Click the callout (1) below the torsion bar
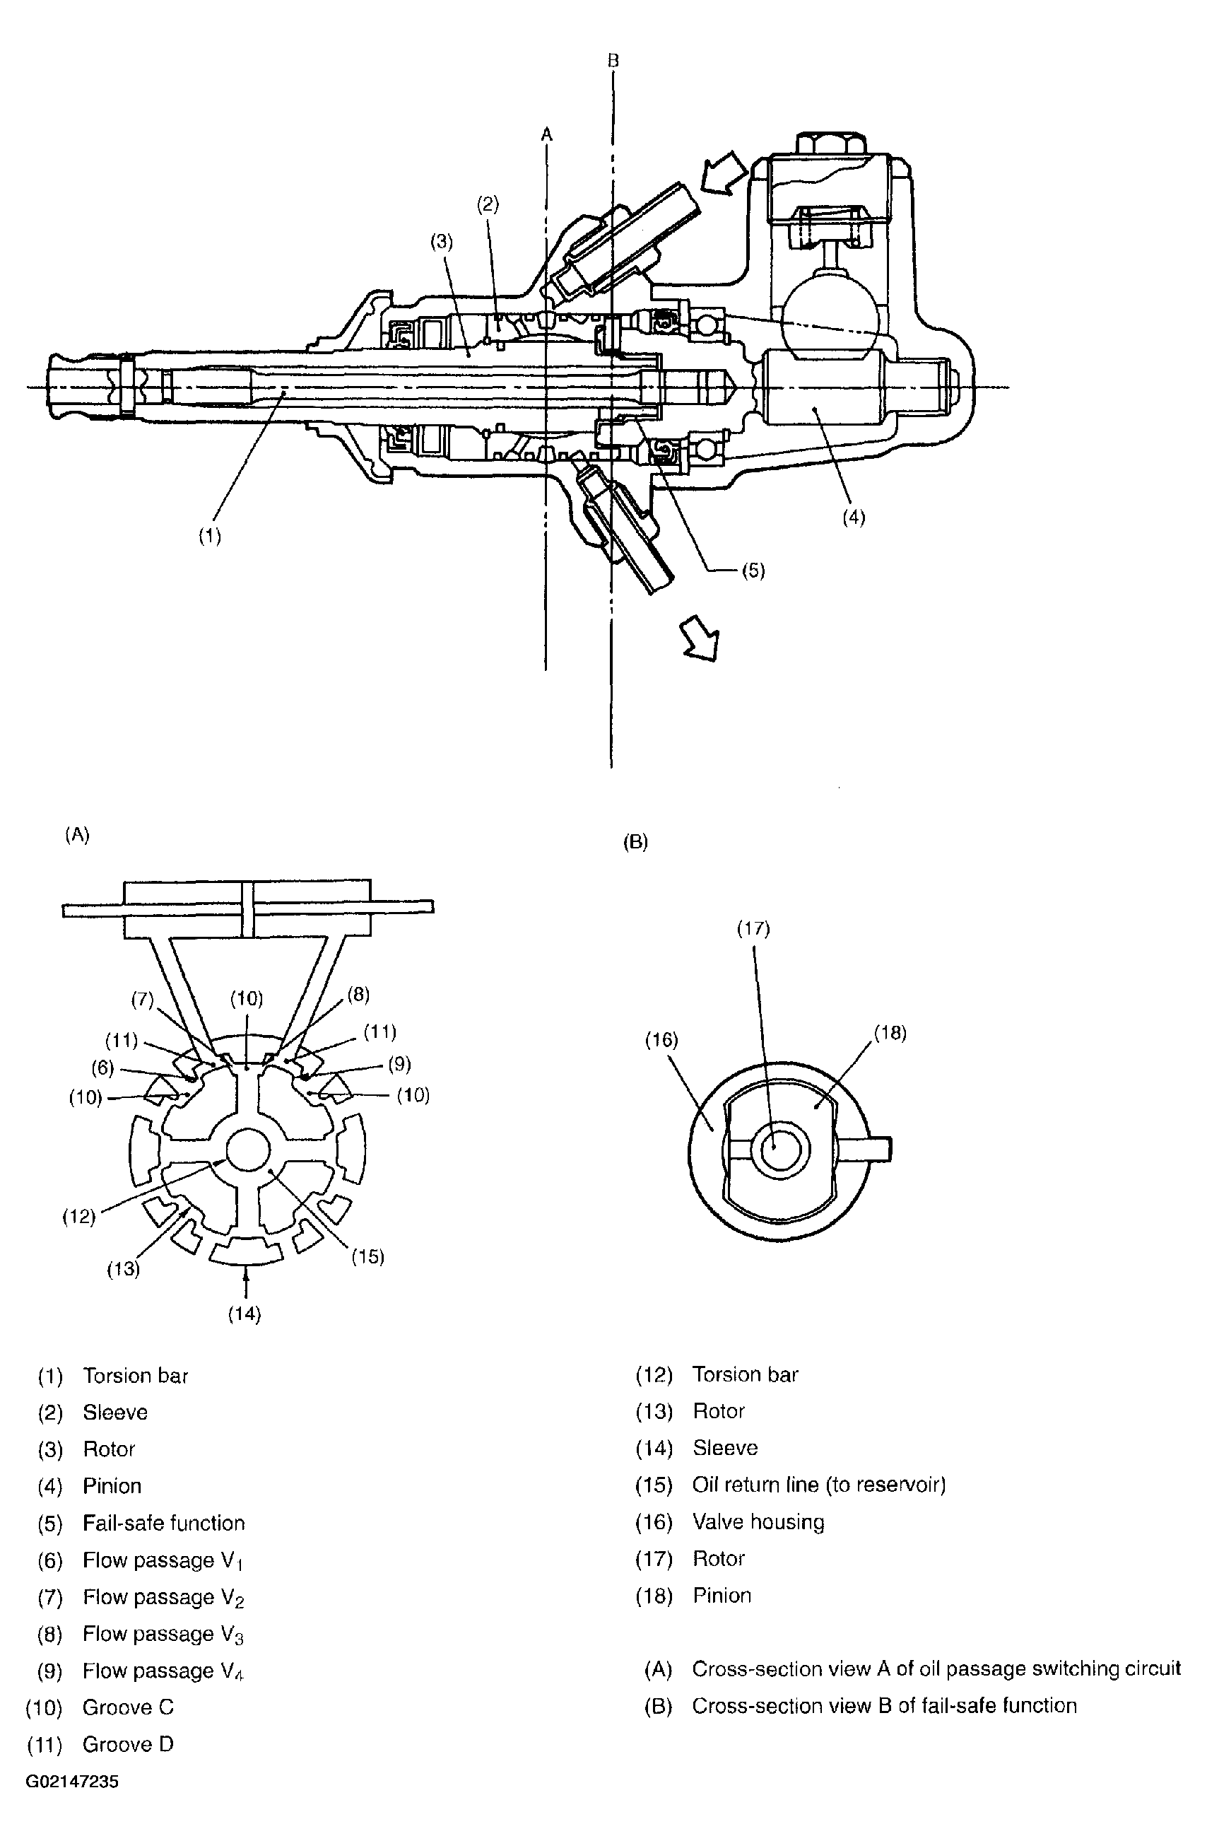[210, 536]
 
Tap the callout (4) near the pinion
[853, 518]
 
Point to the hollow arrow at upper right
[724, 173]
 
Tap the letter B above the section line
[613, 60]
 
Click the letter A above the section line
[547, 134]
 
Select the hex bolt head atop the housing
[830, 143]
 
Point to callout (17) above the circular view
[753, 928]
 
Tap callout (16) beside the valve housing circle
[661, 1041]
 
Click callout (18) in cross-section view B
[889, 1033]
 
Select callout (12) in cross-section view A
[79, 1217]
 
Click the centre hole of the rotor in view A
[247, 1149]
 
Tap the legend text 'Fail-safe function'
[163, 1523]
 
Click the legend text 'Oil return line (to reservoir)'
[818, 1485]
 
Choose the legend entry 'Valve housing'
[758, 1521]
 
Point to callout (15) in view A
[367, 1256]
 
